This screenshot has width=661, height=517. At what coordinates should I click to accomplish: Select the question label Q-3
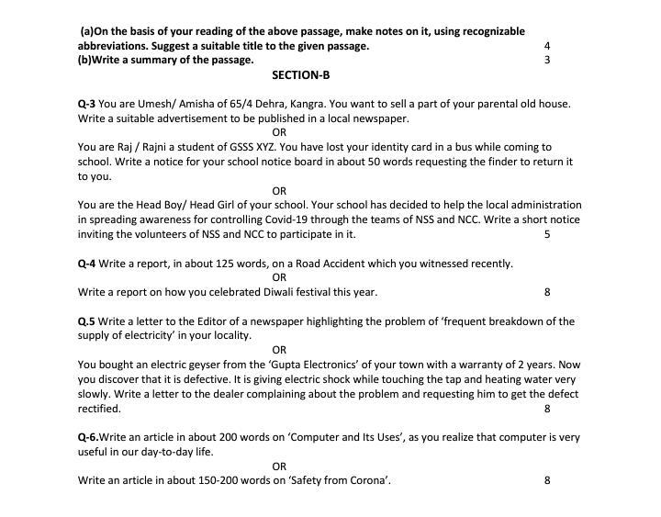(x=86, y=104)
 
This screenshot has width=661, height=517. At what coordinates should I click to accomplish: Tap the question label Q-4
(x=86, y=264)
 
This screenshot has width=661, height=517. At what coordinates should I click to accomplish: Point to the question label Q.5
(x=86, y=321)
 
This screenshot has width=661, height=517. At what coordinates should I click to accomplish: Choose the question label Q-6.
(x=87, y=437)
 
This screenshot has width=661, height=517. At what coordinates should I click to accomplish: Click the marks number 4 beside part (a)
(x=547, y=45)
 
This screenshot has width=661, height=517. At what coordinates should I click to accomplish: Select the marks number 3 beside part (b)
(x=547, y=60)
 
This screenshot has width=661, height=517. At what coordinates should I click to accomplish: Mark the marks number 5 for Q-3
(x=547, y=234)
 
